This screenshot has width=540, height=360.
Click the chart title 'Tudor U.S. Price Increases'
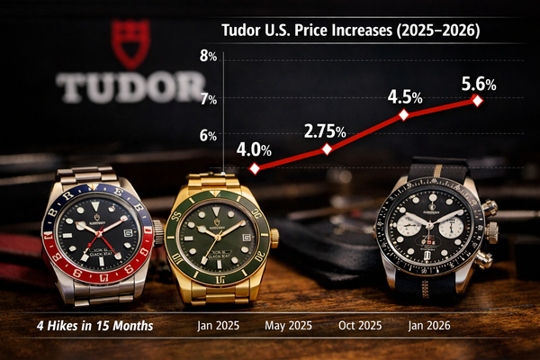[x=350, y=30]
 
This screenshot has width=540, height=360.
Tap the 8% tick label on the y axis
[x=208, y=57]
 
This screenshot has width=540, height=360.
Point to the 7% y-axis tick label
[x=208, y=98]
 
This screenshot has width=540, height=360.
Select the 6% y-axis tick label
[x=208, y=136]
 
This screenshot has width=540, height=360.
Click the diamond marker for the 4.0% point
[x=255, y=168]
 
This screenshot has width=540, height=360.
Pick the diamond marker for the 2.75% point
[x=327, y=148]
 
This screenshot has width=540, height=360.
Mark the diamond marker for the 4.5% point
[x=403, y=115]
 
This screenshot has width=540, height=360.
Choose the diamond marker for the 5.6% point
[x=478, y=100]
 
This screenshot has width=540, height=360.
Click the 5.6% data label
[x=478, y=84]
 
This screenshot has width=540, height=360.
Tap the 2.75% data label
[x=324, y=130]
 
